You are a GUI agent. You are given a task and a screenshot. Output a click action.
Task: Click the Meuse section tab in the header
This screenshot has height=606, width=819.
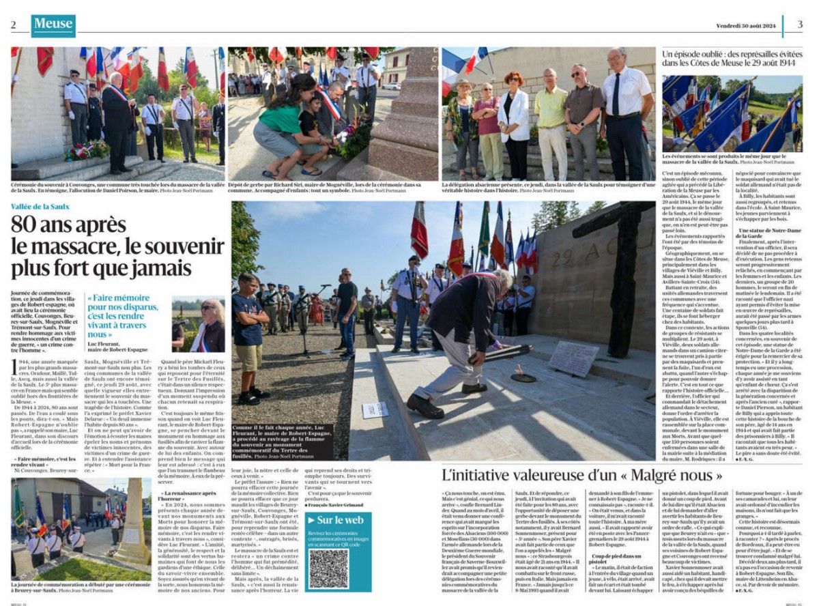tap(53, 25)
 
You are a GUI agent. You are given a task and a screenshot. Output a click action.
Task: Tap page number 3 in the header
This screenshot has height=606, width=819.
tap(800, 25)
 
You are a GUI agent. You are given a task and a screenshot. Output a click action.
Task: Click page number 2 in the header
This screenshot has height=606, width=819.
tap(13, 25)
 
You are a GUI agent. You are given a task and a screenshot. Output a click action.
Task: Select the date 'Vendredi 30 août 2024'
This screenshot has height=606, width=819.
tap(746, 25)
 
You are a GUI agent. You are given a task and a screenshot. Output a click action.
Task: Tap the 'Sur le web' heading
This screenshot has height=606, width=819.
tap(340, 520)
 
